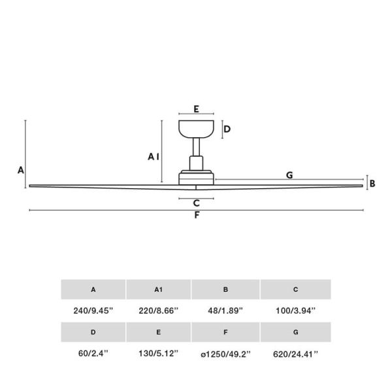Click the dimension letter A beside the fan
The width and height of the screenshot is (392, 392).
coord(21,170)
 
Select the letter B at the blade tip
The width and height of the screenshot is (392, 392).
coord(372,184)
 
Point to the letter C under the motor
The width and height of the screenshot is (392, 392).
coord(196,203)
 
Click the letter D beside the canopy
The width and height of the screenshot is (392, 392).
coord(227,129)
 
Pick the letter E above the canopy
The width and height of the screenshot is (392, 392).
coord(196,110)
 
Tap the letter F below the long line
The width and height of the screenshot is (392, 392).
coord(197,217)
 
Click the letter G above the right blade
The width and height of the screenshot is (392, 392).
coord(289,174)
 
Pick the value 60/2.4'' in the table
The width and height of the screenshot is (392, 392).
coord(93,354)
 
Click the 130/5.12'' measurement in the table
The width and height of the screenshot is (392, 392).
coord(159,354)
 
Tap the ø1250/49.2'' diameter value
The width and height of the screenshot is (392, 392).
coord(226,354)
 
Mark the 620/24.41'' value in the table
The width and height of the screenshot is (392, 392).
coord(295,354)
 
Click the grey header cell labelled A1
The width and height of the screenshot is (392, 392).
coord(159,289)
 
